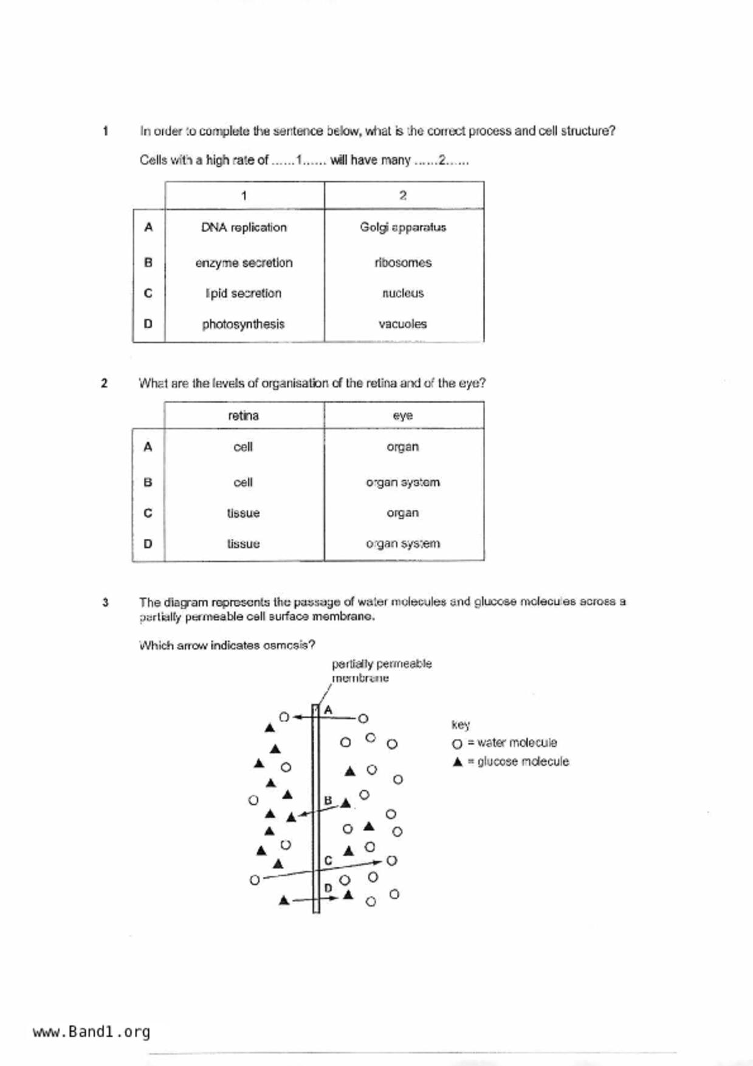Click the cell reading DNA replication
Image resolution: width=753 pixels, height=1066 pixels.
(244, 227)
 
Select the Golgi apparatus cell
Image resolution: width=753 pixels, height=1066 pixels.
(403, 227)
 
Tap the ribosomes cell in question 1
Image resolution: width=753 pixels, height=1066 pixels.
(403, 263)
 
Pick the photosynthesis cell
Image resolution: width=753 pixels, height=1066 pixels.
(243, 324)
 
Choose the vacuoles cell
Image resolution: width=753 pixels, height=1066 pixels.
(403, 324)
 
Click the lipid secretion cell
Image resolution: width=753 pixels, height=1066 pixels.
(243, 293)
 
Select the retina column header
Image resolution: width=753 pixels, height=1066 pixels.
(243, 416)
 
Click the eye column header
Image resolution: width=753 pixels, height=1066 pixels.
(403, 416)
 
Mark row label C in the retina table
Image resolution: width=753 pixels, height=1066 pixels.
(148, 513)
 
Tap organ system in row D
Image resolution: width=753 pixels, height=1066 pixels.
(403, 543)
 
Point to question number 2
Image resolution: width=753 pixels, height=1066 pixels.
(105, 383)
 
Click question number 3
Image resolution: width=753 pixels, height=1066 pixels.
(105, 602)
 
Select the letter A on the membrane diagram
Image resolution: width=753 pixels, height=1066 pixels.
(328, 710)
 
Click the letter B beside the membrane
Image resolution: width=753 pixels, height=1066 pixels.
(328, 800)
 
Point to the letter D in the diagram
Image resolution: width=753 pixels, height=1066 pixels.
(328, 888)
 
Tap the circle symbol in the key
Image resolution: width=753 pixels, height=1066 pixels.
(457, 744)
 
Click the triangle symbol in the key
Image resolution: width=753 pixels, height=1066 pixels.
(458, 762)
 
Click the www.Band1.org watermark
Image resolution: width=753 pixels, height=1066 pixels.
(91, 1032)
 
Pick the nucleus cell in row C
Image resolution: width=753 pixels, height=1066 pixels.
(403, 293)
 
